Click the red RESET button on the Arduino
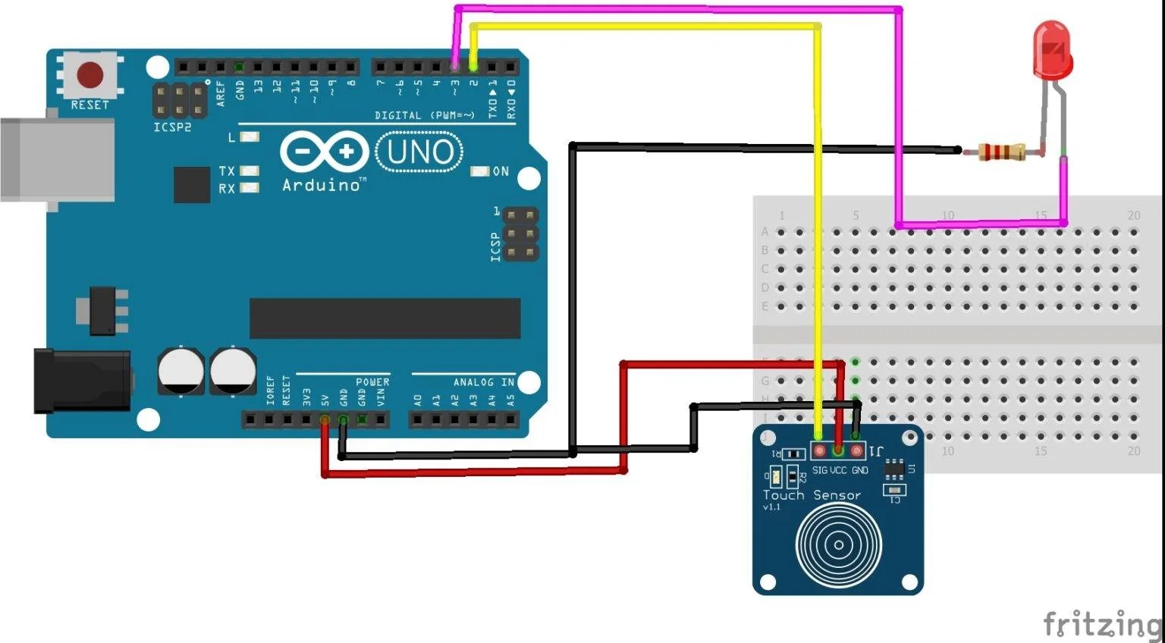[x=90, y=75]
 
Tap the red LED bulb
[x=1052, y=50]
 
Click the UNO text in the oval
[x=419, y=152]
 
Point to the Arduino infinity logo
[x=324, y=152]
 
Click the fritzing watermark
[x=1102, y=624]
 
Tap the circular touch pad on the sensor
[x=838, y=544]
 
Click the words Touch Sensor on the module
[x=812, y=495]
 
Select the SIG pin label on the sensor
[x=820, y=470]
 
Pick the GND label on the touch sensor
[x=859, y=470]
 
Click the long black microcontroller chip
[x=385, y=318]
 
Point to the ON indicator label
[x=501, y=171]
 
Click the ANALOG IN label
[x=483, y=382]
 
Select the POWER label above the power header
[x=372, y=382]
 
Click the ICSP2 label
[x=172, y=127]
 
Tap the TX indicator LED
[x=250, y=171]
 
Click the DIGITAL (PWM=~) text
[x=424, y=116]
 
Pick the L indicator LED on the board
[x=250, y=137]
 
